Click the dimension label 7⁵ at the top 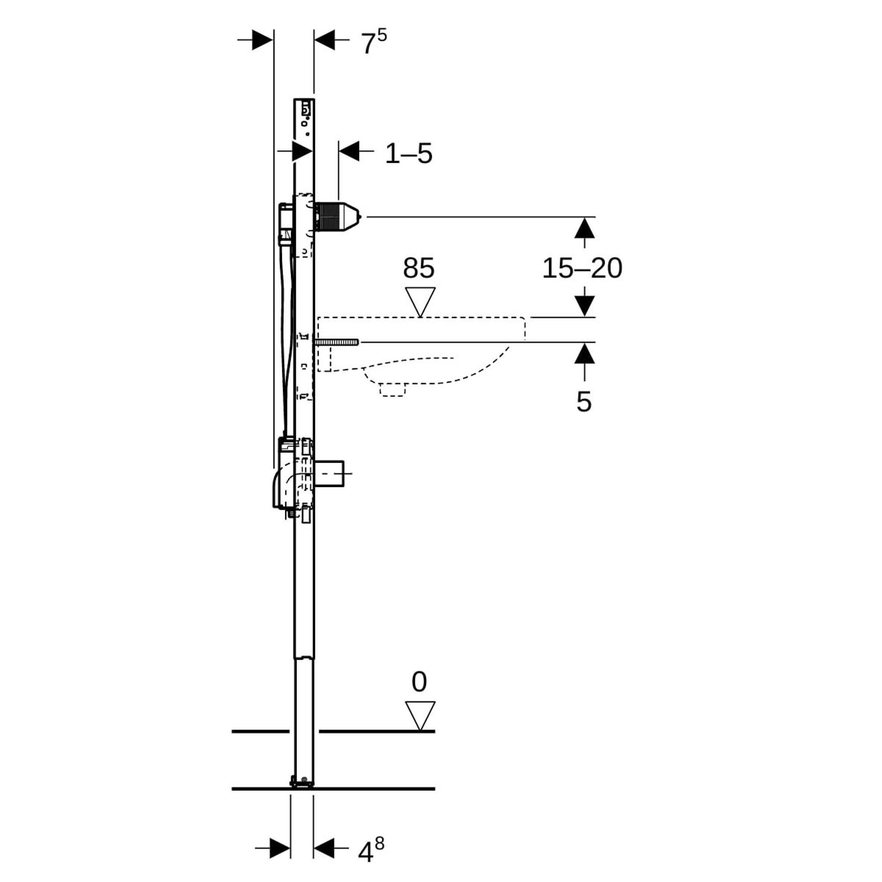[374, 43]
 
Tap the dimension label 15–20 [582, 268]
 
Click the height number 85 [418, 268]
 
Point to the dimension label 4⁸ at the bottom [371, 850]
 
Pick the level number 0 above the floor [419, 682]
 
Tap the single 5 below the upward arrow [583, 402]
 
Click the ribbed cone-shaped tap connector [338, 217]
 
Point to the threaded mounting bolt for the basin [336, 342]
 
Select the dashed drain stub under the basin [392, 389]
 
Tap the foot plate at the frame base [302, 783]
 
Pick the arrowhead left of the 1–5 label [349, 151]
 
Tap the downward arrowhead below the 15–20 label [584, 306]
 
